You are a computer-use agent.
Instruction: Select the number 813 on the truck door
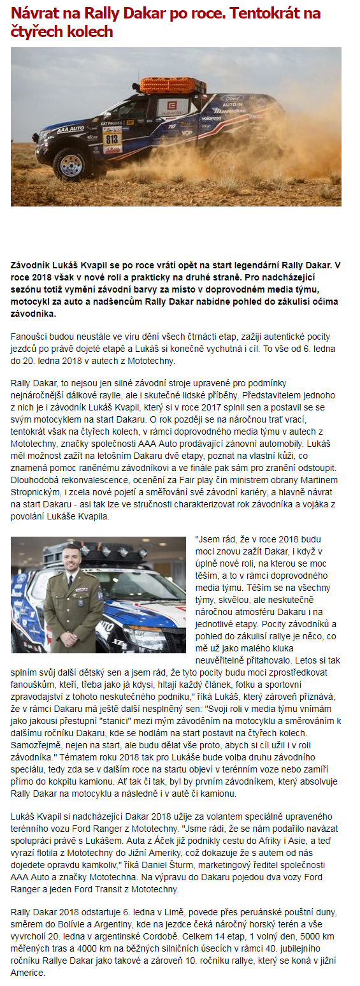(112, 138)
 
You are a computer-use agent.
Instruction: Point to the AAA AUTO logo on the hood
(70, 129)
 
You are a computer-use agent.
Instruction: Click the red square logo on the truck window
(172, 106)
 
